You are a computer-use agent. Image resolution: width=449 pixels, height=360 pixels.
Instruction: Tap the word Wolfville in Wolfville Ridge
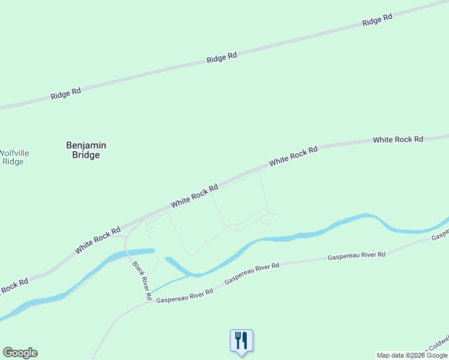point(14,153)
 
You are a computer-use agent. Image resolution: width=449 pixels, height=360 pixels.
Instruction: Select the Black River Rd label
point(142,281)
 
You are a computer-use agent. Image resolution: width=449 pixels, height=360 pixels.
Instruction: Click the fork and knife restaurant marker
point(241,341)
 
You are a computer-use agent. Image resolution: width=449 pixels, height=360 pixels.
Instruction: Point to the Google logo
point(20,353)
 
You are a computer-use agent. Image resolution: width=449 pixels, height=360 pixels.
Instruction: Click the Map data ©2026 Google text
point(412,355)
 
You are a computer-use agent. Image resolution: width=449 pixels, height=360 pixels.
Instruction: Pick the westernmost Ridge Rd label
point(65,94)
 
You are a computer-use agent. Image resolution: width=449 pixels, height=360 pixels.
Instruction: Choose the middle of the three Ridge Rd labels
point(221,58)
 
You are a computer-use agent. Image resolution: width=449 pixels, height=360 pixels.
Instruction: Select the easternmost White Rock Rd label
point(398,139)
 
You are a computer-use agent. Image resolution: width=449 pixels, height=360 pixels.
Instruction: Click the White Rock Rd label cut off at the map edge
point(12,287)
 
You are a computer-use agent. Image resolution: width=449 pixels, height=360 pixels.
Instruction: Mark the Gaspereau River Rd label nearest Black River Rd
point(185,295)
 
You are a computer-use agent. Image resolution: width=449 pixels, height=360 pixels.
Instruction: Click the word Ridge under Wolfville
point(13,161)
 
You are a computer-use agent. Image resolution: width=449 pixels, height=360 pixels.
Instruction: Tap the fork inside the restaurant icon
point(238,340)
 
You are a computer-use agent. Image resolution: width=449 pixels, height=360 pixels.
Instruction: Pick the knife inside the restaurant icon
point(245,340)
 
